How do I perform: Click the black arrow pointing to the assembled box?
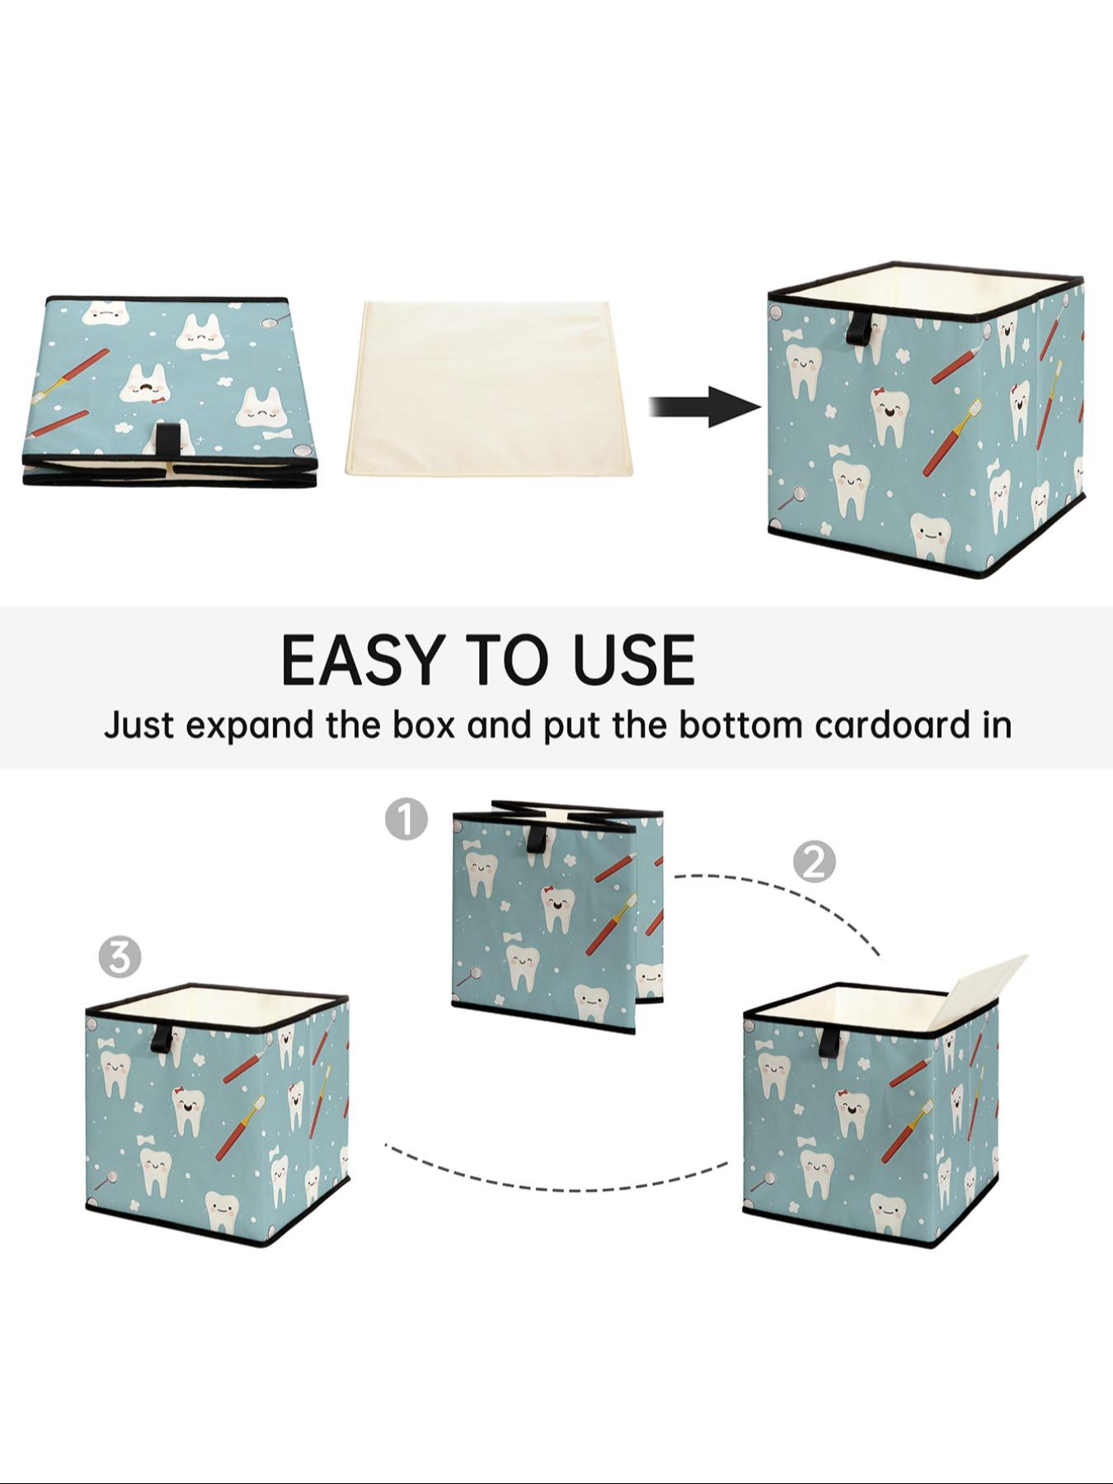point(705,406)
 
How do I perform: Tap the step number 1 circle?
point(406,819)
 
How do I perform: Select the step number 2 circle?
point(814,862)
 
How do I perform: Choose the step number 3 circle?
point(120,958)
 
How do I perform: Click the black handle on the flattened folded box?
point(171,440)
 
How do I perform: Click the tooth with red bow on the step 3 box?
point(189,1109)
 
